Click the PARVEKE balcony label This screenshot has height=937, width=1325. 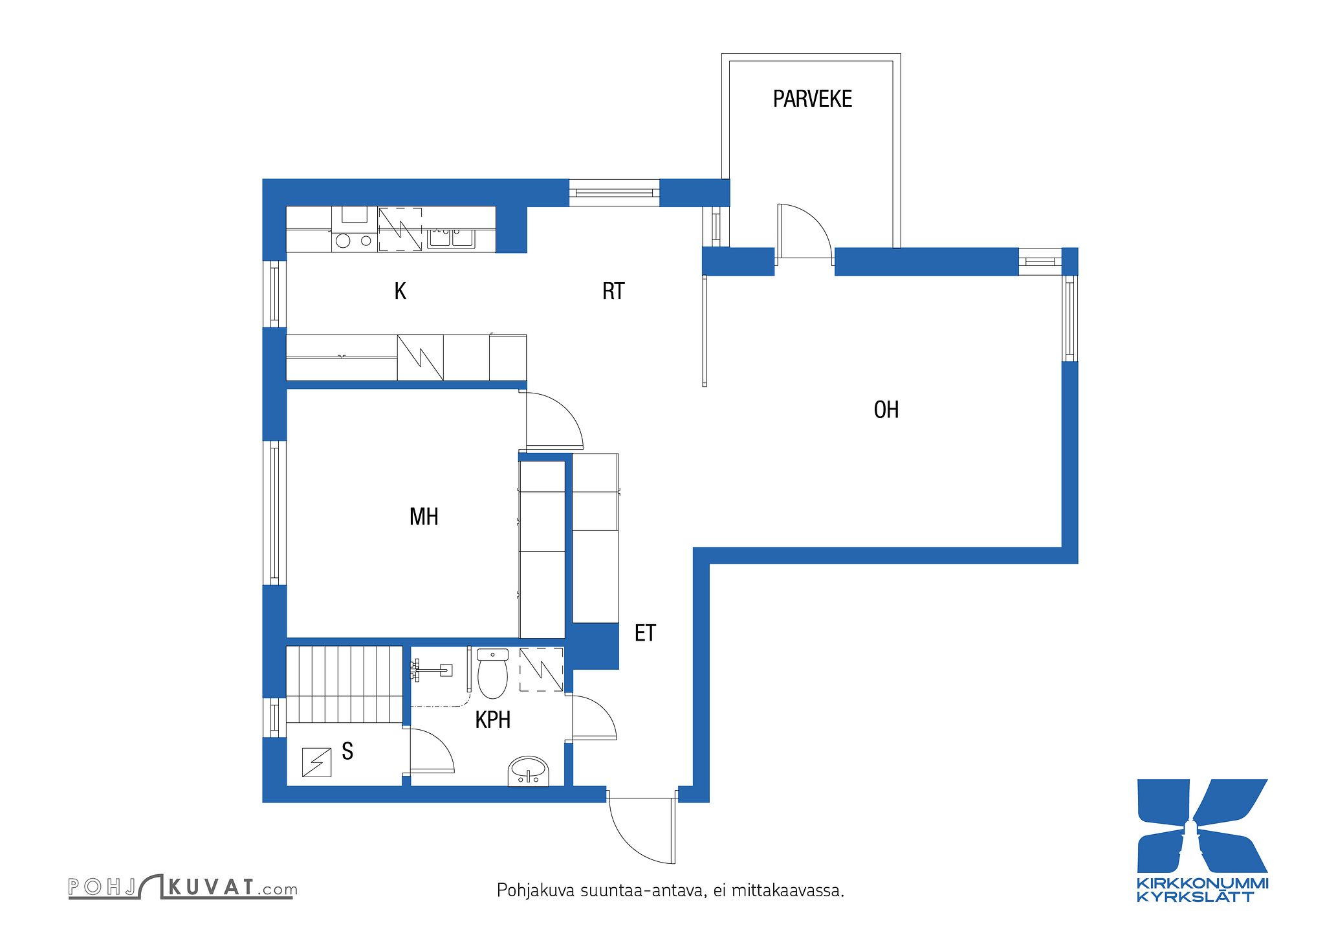(x=812, y=99)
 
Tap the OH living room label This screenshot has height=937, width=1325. (x=886, y=410)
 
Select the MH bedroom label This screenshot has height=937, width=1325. (x=424, y=516)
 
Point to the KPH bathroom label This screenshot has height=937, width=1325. (x=493, y=720)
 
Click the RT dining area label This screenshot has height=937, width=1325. (x=613, y=291)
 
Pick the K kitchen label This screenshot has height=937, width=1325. (x=400, y=291)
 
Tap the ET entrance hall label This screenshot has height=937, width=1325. (x=645, y=633)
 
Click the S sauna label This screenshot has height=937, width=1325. (x=347, y=751)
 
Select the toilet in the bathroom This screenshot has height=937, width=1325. (x=493, y=674)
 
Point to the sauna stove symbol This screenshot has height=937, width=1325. (x=317, y=762)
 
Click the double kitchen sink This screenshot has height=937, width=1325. (x=451, y=238)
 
